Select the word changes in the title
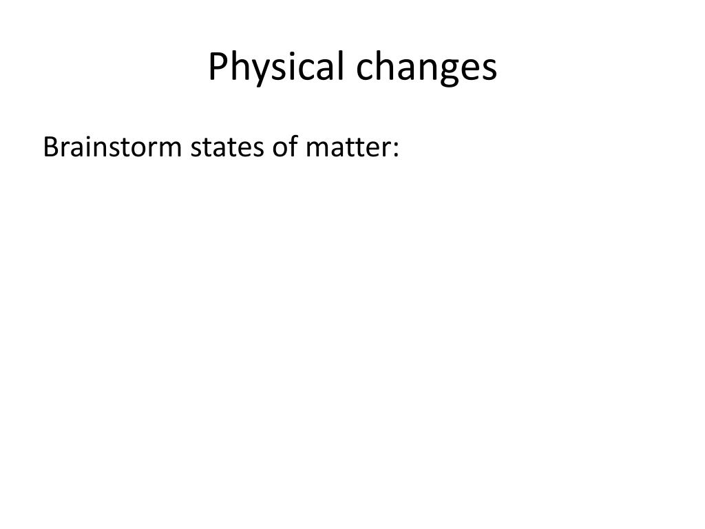click(x=427, y=68)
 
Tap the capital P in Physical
click(x=218, y=67)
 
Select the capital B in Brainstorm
click(x=50, y=147)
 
